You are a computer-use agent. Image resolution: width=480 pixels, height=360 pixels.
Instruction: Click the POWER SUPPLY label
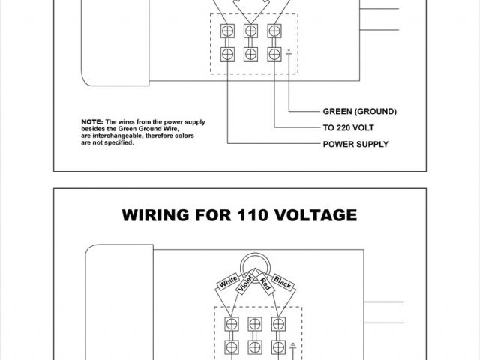click(355, 143)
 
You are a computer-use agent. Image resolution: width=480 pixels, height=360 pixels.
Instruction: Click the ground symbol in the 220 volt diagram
click(289, 53)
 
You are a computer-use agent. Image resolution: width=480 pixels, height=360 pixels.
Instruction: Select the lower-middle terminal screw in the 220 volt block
click(251, 55)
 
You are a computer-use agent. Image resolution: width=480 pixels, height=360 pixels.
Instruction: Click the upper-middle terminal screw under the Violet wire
click(254, 325)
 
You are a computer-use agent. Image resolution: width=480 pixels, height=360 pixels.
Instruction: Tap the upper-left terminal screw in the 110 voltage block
click(230, 325)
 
